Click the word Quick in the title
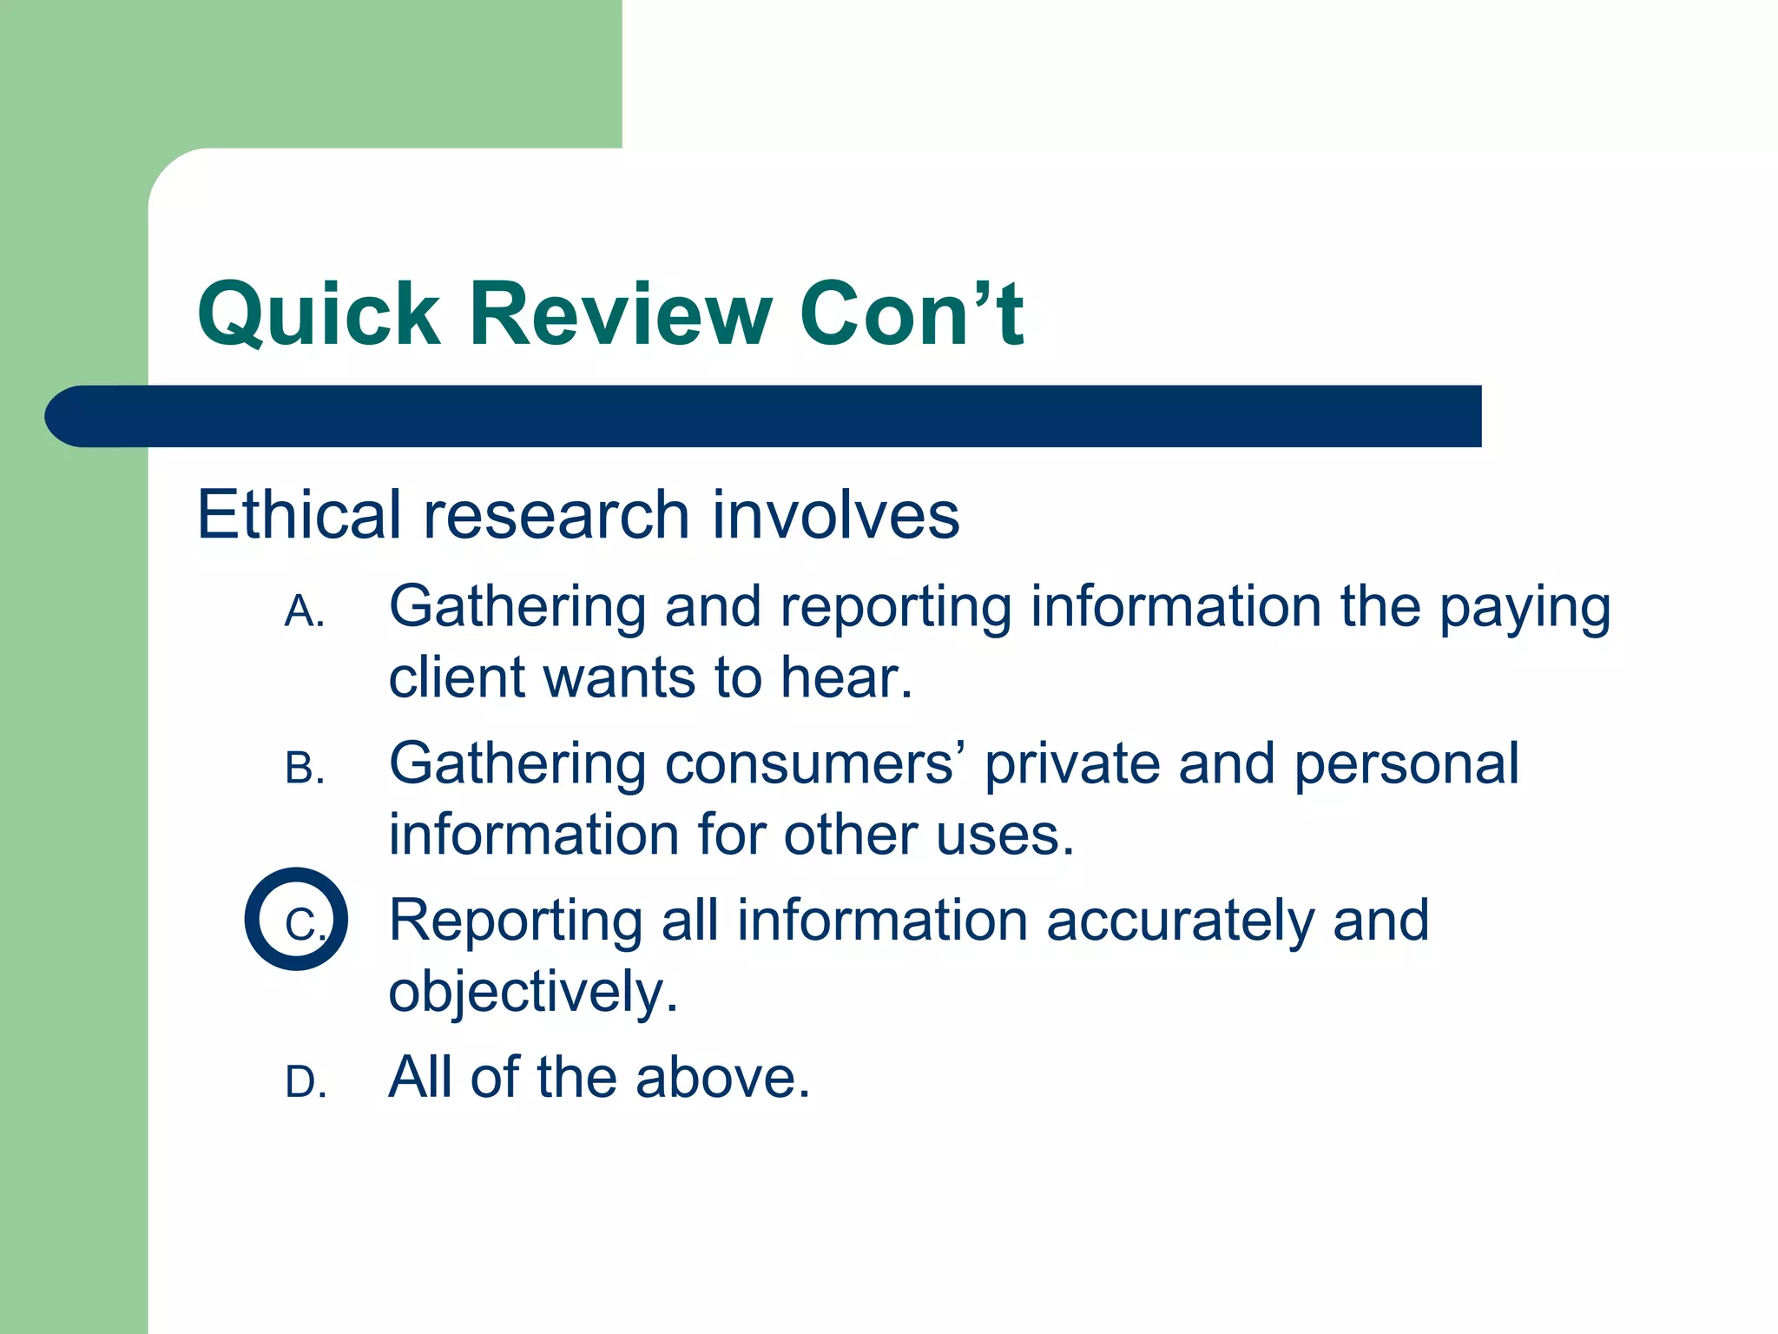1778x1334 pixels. [319, 314]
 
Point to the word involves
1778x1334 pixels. [836, 515]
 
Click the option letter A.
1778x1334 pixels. [304, 612]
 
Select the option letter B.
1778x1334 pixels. [304, 769]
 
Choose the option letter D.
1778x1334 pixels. [306, 1083]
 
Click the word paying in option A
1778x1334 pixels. [1524, 608]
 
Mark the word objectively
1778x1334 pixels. [532, 993]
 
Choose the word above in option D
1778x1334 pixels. [721, 1078]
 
